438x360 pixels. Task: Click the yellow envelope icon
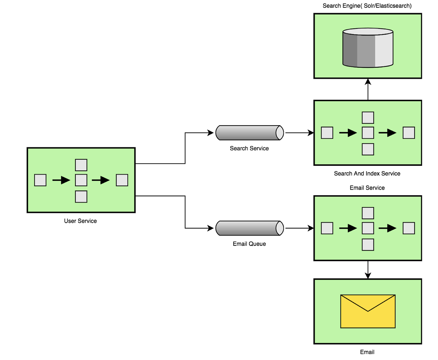point(368,311)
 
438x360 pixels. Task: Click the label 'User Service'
point(80,221)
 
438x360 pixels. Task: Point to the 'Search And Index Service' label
point(367,174)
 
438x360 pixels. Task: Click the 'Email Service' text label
point(367,188)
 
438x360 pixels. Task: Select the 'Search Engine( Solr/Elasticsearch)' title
point(367,6)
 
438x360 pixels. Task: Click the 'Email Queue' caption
point(249,244)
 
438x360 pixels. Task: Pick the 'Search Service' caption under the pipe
point(249,148)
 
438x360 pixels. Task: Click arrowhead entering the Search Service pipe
point(210,133)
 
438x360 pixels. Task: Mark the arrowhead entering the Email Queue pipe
point(210,228)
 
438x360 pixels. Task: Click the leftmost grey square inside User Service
point(40,180)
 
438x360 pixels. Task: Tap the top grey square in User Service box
point(81,165)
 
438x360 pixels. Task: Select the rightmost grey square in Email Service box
point(409,228)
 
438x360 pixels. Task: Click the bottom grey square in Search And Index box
point(368,149)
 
